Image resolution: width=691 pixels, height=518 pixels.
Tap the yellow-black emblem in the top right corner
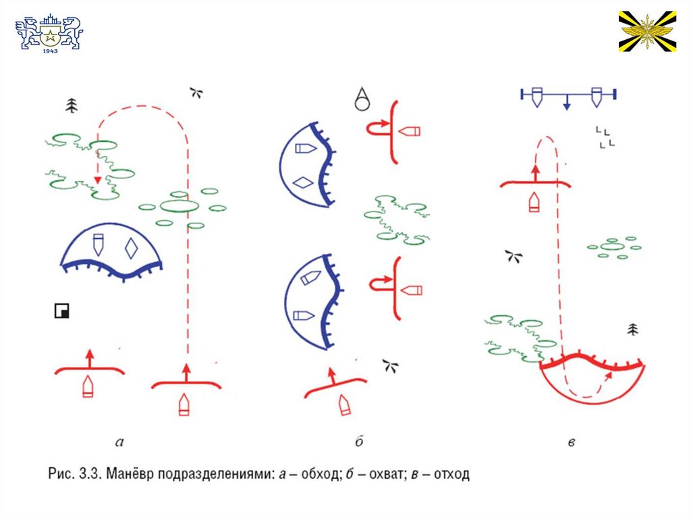pos(647,31)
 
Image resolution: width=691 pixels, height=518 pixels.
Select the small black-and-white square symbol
pos(61,311)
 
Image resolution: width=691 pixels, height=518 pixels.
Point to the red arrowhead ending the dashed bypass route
pos(98,180)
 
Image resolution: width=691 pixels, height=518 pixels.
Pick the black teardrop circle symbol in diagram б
pos(363,99)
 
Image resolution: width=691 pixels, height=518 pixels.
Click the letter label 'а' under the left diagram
pos(119,443)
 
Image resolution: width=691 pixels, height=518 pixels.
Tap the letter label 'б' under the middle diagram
pos(359,442)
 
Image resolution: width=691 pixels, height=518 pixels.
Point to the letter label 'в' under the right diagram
pos(571,443)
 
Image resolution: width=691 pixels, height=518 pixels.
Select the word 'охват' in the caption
pos(379,474)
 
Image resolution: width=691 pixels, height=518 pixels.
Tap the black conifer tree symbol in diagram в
pos(632,330)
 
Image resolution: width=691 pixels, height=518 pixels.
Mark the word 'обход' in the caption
pos(311,474)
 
